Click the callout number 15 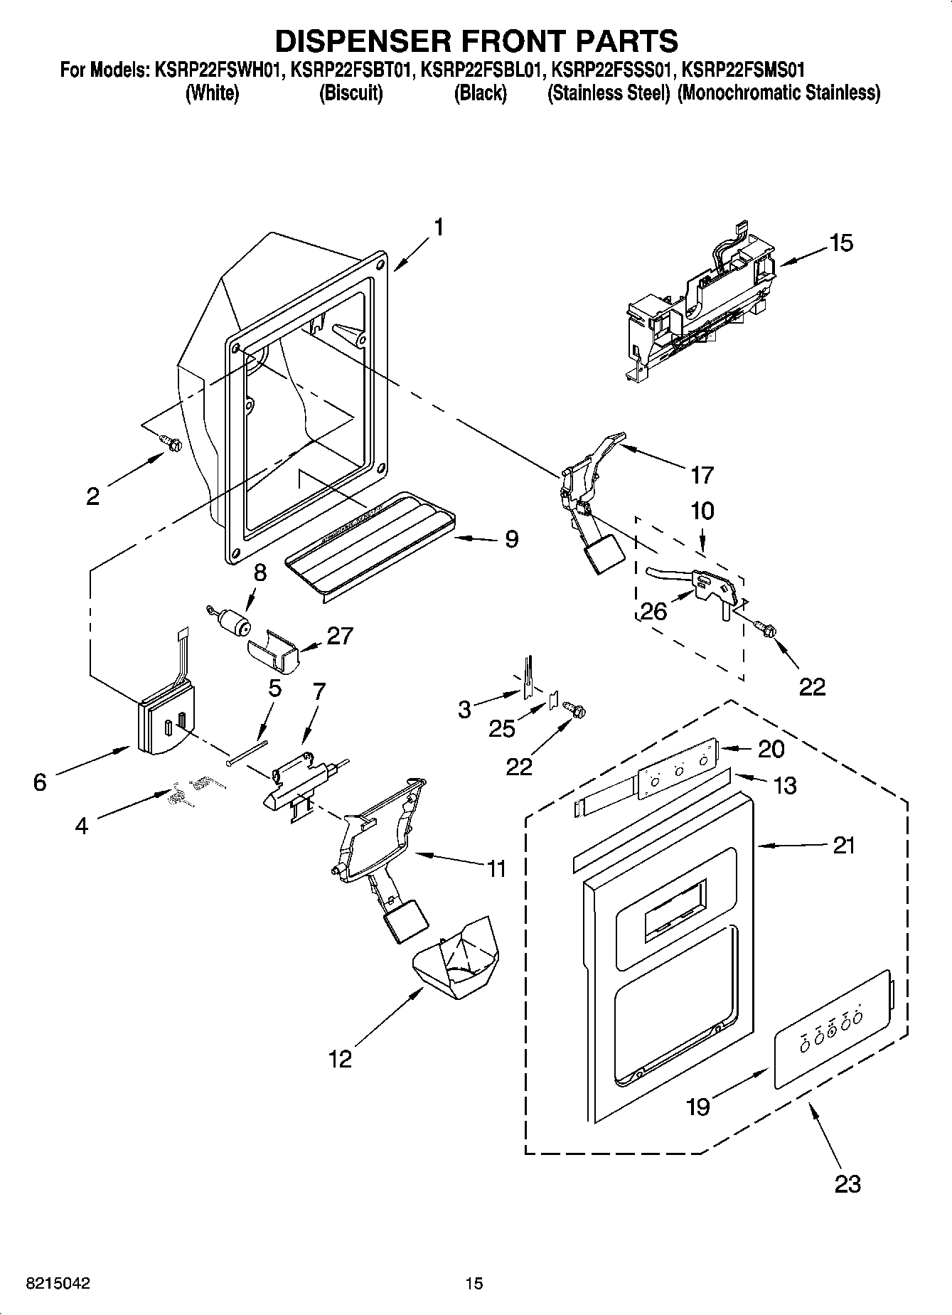[841, 243]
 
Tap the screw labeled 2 [171, 442]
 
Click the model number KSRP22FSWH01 [216, 70]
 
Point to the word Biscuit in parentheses [351, 93]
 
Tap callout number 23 [847, 1183]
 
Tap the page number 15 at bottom [474, 1283]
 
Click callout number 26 [653, 611]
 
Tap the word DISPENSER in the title [370, 41]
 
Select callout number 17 [701, 474]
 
